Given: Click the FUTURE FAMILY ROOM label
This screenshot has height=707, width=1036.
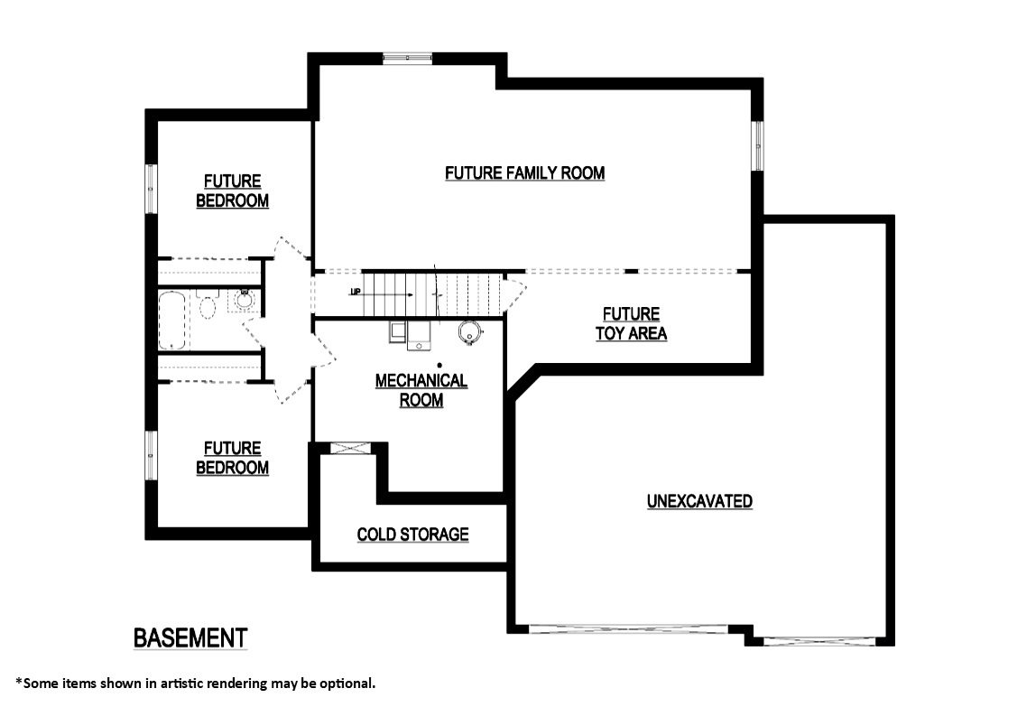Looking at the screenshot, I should tap(524, 172).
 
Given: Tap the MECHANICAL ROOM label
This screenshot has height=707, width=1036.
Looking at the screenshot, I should tap(421, 390).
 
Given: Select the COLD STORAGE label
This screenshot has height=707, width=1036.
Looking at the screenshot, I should tap(412, 535).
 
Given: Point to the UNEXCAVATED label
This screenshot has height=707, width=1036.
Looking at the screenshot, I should tap(699, 501).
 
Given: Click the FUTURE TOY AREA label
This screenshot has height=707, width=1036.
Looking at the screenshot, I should tap(631, 323).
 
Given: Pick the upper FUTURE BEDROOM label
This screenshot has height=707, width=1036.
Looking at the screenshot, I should tap(232, 191).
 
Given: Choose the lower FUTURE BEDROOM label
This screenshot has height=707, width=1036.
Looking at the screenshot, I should tap(232, 458).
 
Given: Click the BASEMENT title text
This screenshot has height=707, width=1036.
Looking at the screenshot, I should tap(190, 637).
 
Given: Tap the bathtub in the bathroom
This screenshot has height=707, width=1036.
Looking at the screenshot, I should tap(171, 320).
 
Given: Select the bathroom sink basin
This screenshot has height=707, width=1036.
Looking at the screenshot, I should tap(244, 299).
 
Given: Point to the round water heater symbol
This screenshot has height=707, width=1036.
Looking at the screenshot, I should tap(468, 333).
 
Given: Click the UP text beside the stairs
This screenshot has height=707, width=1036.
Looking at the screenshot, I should tap(356, 292).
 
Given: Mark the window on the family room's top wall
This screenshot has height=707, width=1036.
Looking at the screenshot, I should tap(408, 59).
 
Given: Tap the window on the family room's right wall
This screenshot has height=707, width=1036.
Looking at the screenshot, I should tap(758, 146).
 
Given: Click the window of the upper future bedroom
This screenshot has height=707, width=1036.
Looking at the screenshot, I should tap(151, 190).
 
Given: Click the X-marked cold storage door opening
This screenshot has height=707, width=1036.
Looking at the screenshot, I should tap(346, 448).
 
